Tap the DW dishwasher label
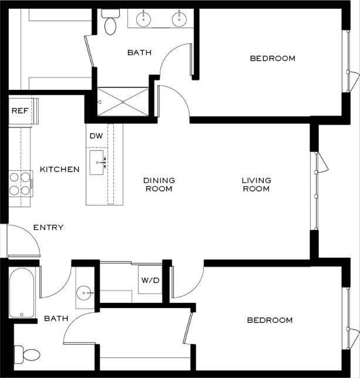click(96, 136)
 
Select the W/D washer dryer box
click(150, 280)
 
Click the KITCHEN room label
click(59, 170)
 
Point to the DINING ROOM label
click(159, 184)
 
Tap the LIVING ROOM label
click(256, 184)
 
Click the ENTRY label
click(48, 227)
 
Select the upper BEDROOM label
click(272, 58)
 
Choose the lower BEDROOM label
click(270, 320)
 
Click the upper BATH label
click(139, 53)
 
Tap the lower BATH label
click(56, 319)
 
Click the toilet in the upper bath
click(110, 22)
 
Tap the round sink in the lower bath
click(86, 292)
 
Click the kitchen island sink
click(97, 162)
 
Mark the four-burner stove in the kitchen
click(20, 183)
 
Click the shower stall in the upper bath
click(123, 102)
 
